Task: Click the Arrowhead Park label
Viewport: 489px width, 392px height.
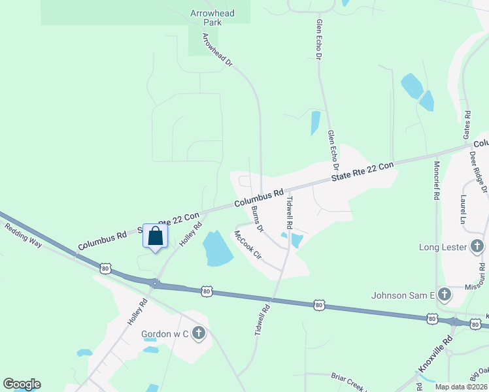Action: pyautogui.click(x=212, y=18)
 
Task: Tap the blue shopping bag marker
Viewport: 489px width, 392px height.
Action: pyautogui.click(x=156, y=236)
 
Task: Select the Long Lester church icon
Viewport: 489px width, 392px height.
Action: pyautogui.click(x=477, y=247)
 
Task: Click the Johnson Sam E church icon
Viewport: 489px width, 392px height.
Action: pyautogui.click(x=445, y=295)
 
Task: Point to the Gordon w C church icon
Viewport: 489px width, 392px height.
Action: pyautogui.click(x=198, y=335)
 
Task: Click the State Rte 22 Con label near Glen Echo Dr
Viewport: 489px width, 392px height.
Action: pyautogui.click(x=363, y=171)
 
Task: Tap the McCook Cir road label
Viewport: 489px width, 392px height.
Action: pyautogui.click(x=248, y=246)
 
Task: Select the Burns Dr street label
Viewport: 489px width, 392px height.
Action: pyautogui.click(x=256, y=219)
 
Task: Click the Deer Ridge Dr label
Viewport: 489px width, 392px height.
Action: pyautogui.click(x=479, y=171)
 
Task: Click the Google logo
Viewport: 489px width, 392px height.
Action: pyautogui.click(x=22, y=384)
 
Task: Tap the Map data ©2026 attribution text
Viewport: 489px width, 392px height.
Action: pyautogui.click(x=461, y=387)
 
